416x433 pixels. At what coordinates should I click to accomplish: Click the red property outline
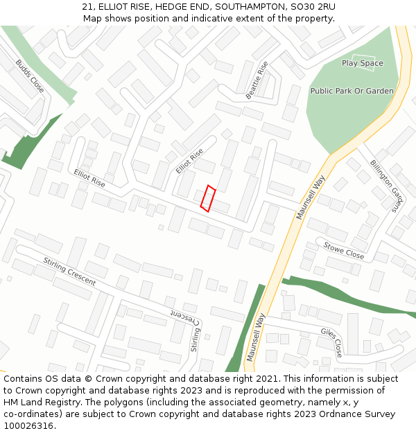point(208,198)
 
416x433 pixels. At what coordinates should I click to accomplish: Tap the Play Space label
point(362,64)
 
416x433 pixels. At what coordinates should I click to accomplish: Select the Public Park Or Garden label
point(352,91)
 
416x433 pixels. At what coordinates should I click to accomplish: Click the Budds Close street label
point(30,76)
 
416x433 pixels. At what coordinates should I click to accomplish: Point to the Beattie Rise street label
point(257,80)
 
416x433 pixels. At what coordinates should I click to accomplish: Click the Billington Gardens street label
point(386,185)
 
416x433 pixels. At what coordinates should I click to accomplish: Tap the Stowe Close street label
point(345,250)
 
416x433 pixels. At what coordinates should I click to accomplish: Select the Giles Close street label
point(331,342)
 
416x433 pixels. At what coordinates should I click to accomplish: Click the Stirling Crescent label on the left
point(69,271)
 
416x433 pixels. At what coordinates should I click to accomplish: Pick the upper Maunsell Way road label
point(311,197)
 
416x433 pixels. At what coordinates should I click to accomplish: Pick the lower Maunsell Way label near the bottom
point(256,337)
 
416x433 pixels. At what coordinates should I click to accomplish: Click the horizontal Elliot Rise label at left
point(89,178)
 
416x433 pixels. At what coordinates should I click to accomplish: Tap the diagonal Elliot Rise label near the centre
point(189,161)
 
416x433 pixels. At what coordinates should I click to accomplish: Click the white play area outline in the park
point(363,62)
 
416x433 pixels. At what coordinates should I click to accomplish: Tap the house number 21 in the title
point(87,6)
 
